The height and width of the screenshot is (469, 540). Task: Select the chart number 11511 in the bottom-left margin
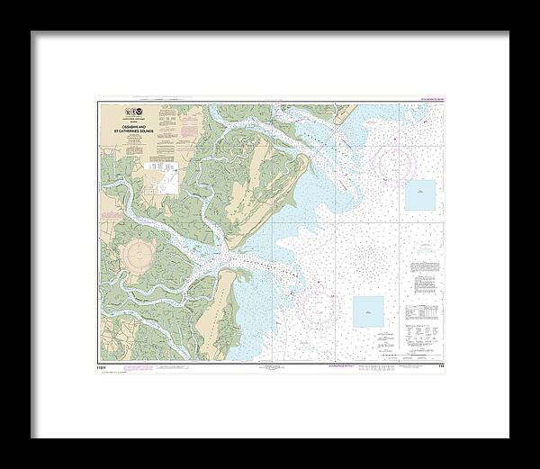tap(103, 367)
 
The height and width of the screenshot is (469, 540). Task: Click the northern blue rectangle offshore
tap(419, 194)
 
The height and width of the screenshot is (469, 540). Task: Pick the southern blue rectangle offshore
tap(367, 311)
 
